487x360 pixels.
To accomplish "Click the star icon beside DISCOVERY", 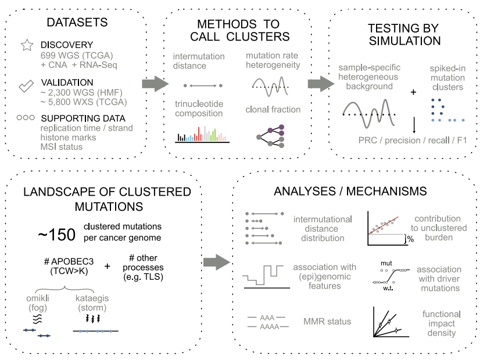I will click(26, 46).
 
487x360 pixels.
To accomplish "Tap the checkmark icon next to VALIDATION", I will click(26, 87).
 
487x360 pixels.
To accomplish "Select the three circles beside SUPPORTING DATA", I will click(26, 117).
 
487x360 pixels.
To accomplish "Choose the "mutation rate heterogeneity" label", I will click(273, 60).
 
